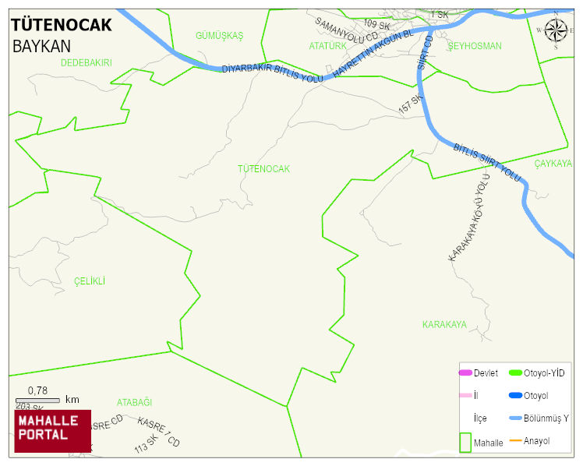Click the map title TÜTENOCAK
tap(62, 25)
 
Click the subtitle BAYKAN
tap(41, 46)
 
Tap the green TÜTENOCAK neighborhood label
tap(263, 169)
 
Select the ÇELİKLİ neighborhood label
tap(90, 281)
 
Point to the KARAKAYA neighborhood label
tap(444, 324)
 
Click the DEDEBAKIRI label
tap(86, 62)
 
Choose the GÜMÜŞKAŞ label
tap(220, 36)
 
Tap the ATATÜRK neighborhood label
tap(327, 47)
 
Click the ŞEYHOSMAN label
tap(475, 47)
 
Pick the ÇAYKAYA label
tap(553, 164)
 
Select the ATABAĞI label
tap(134, 402)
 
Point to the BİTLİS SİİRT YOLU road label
tap(486, 163)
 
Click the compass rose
tap(556, 31)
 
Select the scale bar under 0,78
tap(37, 401)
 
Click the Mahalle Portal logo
tap(52, 431)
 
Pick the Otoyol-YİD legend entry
tap(544, 372)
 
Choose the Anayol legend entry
tap(536, 441)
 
